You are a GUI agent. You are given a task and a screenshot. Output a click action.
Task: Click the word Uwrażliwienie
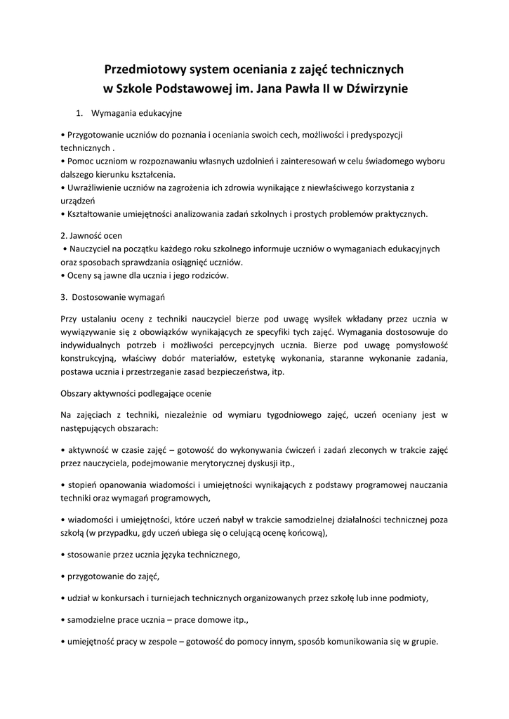91,187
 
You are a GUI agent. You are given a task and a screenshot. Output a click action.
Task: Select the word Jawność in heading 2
86,235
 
